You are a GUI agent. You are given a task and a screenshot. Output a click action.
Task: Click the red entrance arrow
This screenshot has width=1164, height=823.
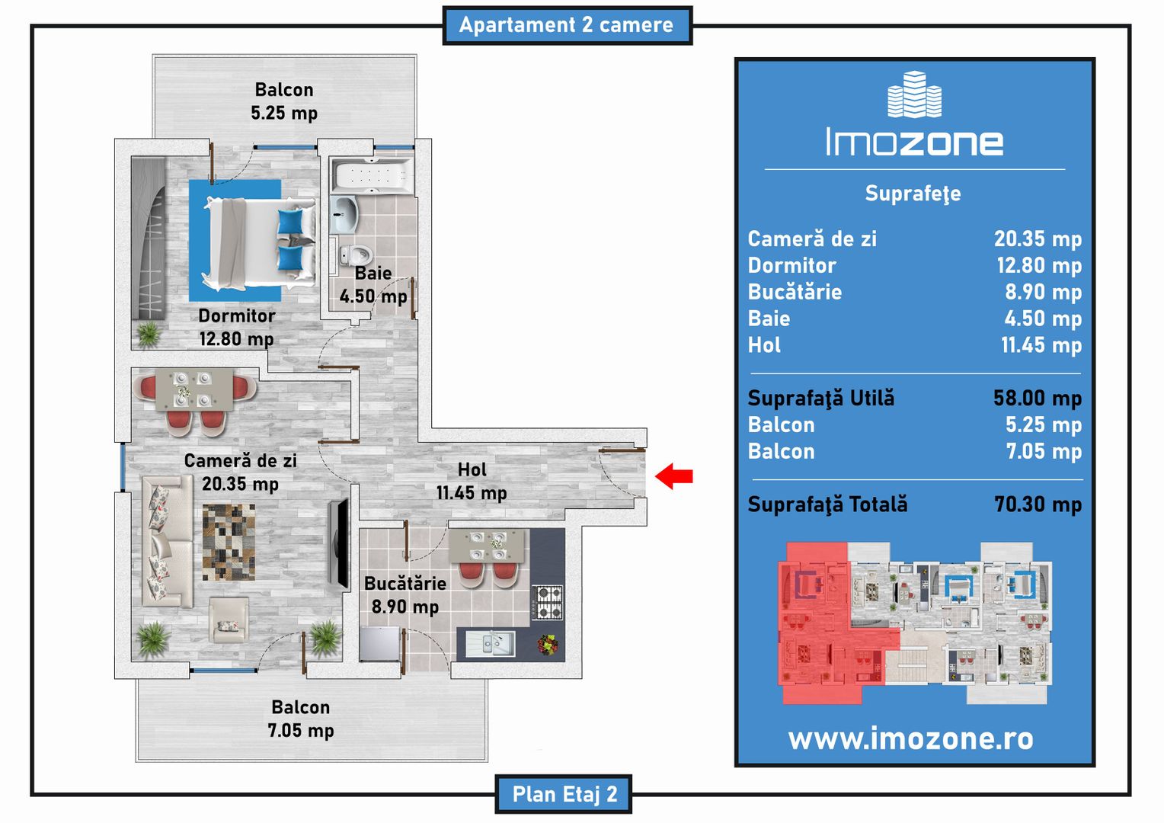click(673, 476)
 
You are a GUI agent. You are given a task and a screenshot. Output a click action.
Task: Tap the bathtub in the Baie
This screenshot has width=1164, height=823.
click(372, 176)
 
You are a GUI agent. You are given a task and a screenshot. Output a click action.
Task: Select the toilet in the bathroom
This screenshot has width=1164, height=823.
click(356, 255)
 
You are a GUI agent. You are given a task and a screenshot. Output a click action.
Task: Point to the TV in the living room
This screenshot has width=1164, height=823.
click(338, 543)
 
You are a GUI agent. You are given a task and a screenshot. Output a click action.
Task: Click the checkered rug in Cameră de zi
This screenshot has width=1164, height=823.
click(229, 542)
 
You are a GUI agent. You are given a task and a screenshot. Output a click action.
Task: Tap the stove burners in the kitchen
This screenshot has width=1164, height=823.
click(547, 602)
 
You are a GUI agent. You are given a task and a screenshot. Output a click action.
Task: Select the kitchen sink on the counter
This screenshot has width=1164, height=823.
click(491, 644)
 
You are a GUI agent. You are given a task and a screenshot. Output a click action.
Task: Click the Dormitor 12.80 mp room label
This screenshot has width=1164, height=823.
click(236, 327)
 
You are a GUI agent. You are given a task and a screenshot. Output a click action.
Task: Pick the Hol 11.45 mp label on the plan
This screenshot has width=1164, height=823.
click(472, 481)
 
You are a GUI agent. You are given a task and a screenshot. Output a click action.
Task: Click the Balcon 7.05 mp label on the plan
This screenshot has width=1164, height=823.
click(301, 719)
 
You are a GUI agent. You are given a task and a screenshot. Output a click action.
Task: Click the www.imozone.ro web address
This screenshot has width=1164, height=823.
click(910, 738)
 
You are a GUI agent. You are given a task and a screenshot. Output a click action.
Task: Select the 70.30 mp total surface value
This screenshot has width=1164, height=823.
click(1038, 504)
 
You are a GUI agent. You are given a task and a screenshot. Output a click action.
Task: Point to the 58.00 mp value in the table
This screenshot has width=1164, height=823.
click(1038, 398)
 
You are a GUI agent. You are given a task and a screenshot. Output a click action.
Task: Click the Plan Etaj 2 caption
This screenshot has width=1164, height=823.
click(564, 794)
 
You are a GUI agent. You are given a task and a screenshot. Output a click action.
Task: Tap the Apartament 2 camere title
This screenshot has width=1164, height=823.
click(566, 25)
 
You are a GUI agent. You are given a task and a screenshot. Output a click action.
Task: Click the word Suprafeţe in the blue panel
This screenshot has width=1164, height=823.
click(913, 194)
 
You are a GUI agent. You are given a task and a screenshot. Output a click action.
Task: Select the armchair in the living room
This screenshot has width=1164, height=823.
click(228, 620)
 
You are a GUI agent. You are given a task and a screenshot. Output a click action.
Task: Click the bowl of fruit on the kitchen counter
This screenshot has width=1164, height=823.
click(547, 645)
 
